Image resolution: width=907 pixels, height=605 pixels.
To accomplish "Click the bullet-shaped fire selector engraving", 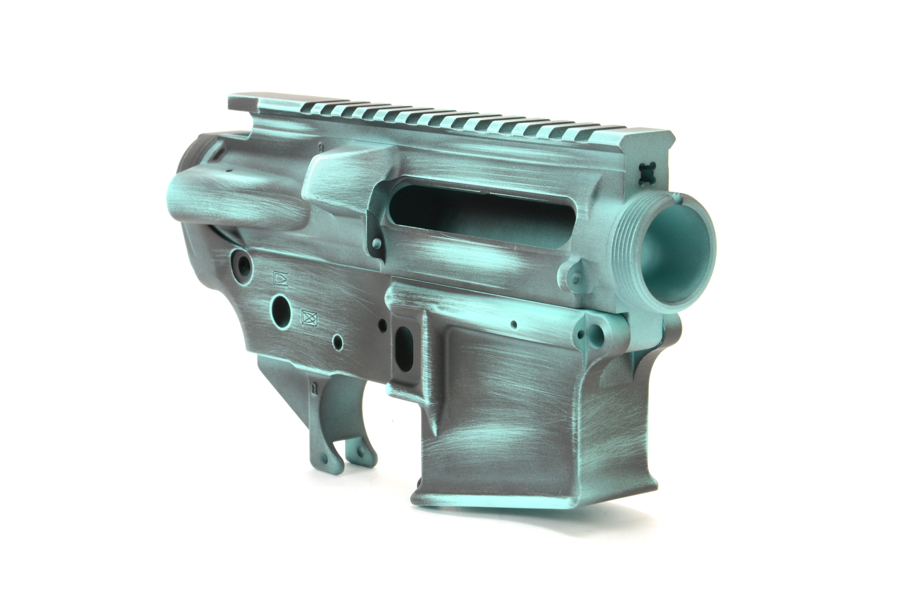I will click(x=280, y=279).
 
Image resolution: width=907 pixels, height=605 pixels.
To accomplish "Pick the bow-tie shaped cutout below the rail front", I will click(x=644, y=173).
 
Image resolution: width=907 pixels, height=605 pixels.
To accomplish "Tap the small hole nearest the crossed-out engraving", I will click(x=338, y=342).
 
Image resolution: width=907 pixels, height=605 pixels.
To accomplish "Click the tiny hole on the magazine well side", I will click(x=514, y=325).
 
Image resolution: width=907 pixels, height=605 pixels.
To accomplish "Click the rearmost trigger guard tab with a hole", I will click(x=324, y=459).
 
